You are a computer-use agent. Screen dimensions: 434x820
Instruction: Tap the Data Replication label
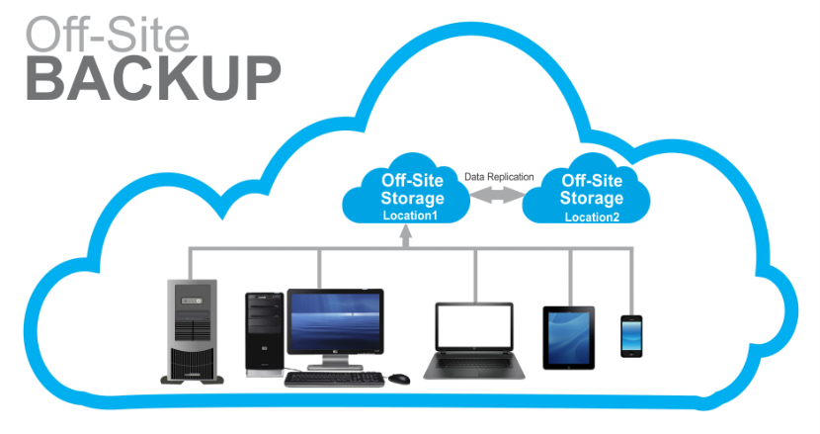click(x=499, y=177)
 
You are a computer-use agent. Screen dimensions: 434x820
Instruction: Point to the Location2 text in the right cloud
click(x=592, y=217)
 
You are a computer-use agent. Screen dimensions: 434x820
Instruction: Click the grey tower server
click(x=191, y=332)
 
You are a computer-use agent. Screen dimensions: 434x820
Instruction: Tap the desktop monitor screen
click(x=335, y=322)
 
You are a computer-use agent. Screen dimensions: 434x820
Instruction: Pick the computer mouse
click(x=398, y=378)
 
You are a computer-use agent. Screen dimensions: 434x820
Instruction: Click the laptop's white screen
click(x=474, y=330)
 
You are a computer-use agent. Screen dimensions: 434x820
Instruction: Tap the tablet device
click(x=568, y=337)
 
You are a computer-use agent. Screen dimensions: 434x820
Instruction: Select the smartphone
click(x=631, y=335)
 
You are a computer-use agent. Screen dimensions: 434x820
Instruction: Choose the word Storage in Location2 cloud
click(x=592, y=198)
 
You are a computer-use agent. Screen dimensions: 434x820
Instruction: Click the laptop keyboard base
click(x=474, y=369)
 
